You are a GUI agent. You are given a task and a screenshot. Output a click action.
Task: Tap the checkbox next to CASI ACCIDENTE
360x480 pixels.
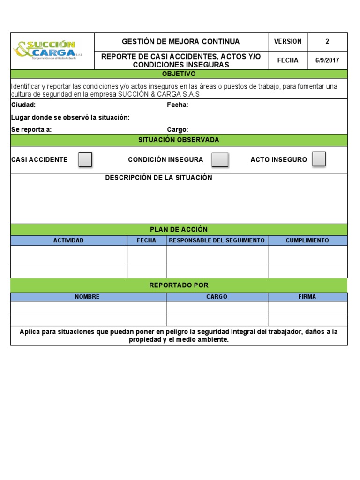[x=85, y=160]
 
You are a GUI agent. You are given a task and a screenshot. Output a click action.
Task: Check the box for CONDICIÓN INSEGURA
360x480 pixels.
[x=220, y=160]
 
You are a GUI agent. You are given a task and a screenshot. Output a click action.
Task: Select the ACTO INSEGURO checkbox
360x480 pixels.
[x=319, y=159]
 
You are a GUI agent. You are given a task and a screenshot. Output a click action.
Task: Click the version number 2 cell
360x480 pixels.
[x=327, y=41]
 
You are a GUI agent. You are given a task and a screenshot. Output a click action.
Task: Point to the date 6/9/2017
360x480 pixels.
[x=327, y=60]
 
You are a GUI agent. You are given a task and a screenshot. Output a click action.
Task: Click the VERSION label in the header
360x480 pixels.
[x=288, y=41]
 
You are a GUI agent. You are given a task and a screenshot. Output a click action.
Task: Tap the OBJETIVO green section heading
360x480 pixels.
[x=179, y=74]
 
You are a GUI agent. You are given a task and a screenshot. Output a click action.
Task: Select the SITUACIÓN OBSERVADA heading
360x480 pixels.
[x=179, y=140]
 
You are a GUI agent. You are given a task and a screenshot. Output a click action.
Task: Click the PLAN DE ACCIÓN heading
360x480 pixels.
[x=179, y=229]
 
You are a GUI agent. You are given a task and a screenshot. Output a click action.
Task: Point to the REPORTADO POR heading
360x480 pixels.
[x=179, y=285]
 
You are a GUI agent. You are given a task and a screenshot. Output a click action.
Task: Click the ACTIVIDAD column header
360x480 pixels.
[x=68, y=240]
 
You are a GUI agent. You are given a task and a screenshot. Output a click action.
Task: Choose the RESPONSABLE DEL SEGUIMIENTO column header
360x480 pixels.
[x=217, y=240]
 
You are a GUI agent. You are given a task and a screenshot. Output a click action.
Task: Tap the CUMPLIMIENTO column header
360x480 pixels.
[x=307, y=240]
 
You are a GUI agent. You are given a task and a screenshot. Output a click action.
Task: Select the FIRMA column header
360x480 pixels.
[x=307, y=297]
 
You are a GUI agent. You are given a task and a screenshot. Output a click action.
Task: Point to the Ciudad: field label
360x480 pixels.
[x=23, y=105]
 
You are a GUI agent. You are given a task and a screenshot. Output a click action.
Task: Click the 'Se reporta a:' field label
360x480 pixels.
[x=31, y=130]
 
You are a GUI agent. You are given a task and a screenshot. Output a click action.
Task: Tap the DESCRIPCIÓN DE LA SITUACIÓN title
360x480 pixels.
[x=158, y=178]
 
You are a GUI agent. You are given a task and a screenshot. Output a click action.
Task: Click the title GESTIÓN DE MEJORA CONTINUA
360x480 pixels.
[x=180, y=42]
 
